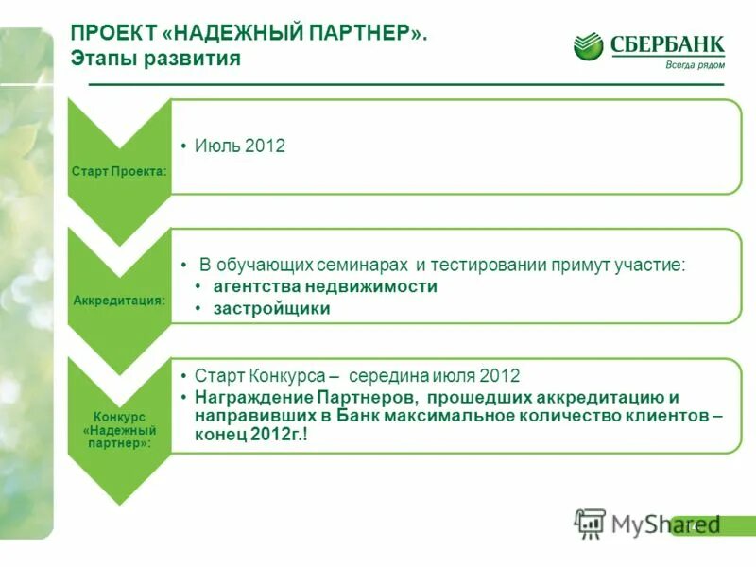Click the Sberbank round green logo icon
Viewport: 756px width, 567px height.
click(588, 46)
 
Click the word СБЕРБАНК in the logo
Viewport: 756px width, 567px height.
click(667, 43)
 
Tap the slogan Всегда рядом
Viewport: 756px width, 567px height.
click(695, 64)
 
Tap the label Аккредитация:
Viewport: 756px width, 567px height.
click(119, 300)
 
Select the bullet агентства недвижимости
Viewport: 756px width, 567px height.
click(325, 286)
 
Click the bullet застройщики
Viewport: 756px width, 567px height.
click(271, 308)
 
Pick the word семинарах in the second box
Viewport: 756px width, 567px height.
click(362, 265)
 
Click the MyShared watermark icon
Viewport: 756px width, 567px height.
click(590, 523)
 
